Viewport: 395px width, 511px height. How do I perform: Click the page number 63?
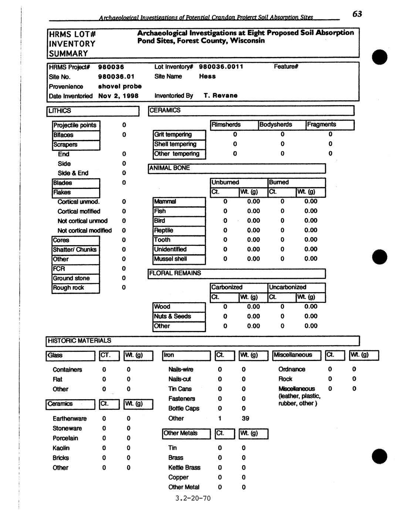click(x=357, y=14)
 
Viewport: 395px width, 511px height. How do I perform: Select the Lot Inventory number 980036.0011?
click(x=221, y=67)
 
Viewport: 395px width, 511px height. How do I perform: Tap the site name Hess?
click(x=207, y=76)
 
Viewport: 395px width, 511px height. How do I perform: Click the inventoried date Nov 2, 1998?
click(x=118, y=96)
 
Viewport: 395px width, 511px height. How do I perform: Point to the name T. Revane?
click(x=220, y=96)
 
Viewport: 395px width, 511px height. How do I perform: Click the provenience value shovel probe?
click(x=120, y=86)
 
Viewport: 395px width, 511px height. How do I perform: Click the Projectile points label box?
click(x=75, y=125)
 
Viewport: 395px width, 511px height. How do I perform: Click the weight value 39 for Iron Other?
click(x=245, y=418)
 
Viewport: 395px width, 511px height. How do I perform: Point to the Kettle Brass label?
click(x=184, y=467)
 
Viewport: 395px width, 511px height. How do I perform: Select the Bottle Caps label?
click(x=183, y=408)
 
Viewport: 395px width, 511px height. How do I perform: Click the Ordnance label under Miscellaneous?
click(x=292, y=369)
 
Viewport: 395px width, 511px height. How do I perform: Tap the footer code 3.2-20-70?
click(x=193, y=498)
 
